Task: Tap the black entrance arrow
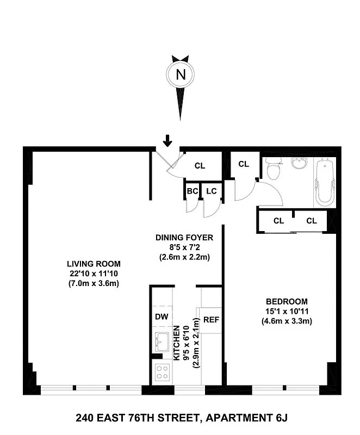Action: [x=167, y=140]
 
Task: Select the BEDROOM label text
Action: [x=287, y=301]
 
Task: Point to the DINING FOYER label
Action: [x=184, y=237]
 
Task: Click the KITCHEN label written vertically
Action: [x=177, y=342]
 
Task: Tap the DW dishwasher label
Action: [x=161, y=317]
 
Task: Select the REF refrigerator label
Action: [x=210, y=319]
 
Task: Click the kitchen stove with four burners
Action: [x=162, y=372]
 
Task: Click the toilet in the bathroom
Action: [x=274, y=169]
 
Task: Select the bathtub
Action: [x=325, y=182]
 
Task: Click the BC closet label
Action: [x=192, y=191]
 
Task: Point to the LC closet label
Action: [x=211, y=191]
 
